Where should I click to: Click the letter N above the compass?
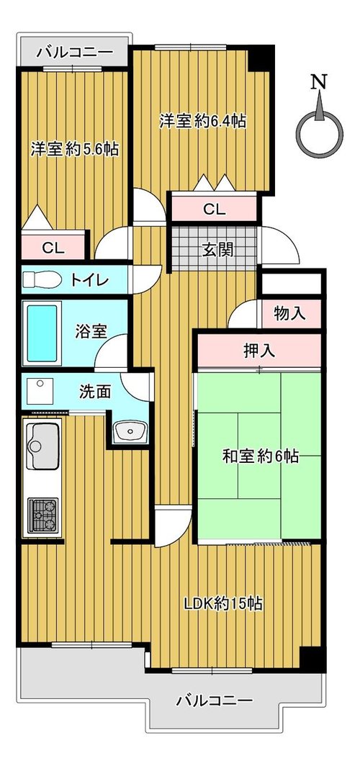(319, 83)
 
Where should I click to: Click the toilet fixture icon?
(42, 280)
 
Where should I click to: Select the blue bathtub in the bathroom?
(42, 333)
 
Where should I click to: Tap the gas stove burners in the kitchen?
(43, 515)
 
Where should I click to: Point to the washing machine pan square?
(40, 392)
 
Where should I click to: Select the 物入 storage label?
(289, 313)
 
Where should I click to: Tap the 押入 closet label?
(260, 350)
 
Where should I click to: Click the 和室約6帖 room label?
(261, 456)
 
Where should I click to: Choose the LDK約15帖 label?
(223, 604)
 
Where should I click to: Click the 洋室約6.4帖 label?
(202, 121)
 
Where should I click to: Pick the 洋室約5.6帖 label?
(74, 149)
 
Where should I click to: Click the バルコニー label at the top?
(75, 50)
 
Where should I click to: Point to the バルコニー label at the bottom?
(215, 701)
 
